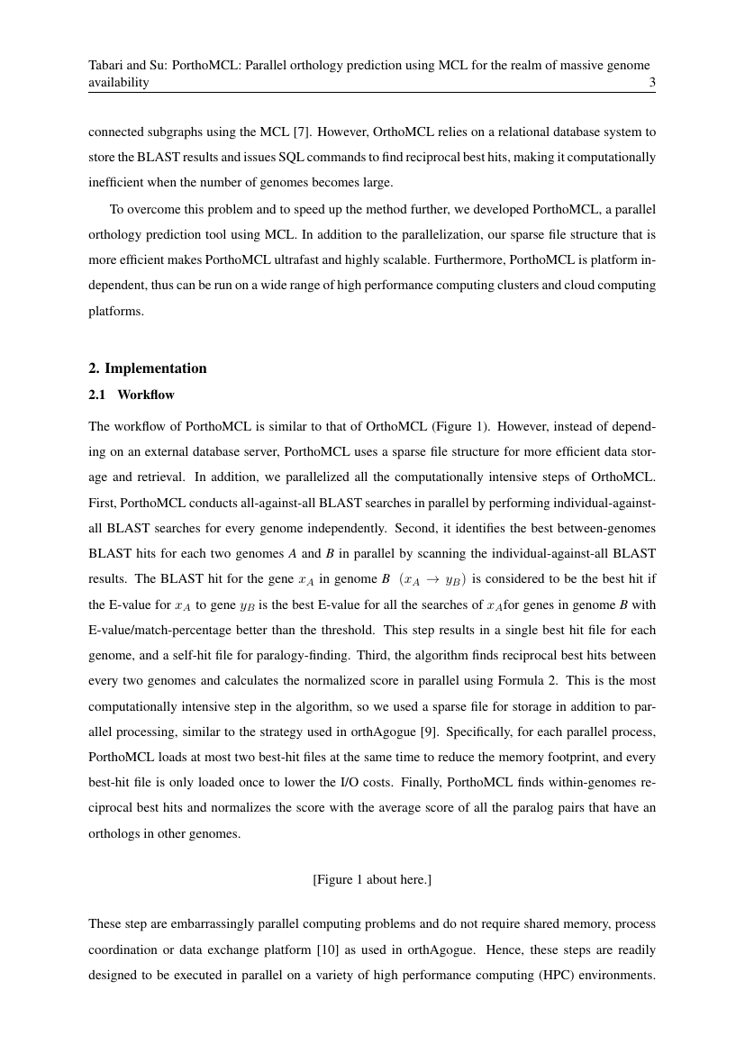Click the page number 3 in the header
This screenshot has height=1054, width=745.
[651, 83]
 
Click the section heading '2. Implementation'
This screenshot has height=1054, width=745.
[148, 368]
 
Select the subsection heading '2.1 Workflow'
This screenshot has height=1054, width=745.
[132, 395]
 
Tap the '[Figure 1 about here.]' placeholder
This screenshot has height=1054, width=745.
[372, 879]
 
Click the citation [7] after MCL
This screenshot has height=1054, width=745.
[303, 132]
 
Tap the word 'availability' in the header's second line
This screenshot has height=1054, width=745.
[118, 83]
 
